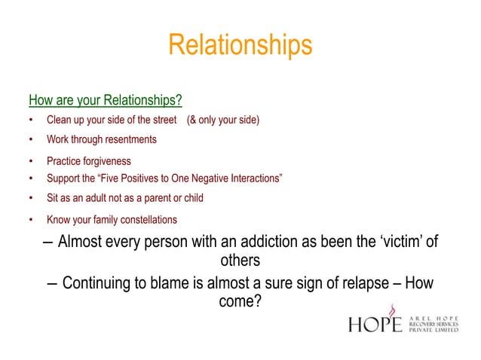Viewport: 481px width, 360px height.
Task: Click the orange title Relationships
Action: (240, 45)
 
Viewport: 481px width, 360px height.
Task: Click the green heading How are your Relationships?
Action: (106, 99)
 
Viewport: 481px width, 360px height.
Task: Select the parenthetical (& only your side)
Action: (222, 121)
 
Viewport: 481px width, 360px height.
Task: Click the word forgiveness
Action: (106, 161)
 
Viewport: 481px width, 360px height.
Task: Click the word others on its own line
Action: (240, 261)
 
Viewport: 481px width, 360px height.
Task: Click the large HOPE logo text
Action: (375, 324)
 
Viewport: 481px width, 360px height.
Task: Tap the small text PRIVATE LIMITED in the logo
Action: (434, 329)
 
